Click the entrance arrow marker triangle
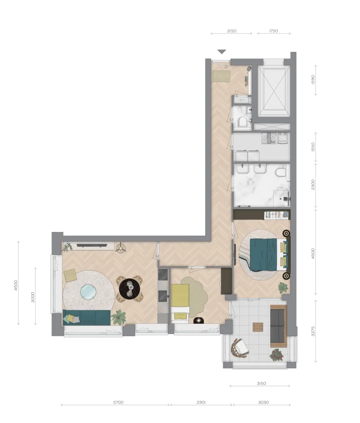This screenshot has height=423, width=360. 222,52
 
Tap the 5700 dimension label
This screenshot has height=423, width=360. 118,402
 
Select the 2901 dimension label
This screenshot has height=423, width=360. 201,402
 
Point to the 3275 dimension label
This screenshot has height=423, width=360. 313,331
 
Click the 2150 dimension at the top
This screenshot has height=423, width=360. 232,31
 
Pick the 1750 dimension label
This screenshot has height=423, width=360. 273,31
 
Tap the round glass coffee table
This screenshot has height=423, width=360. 88,292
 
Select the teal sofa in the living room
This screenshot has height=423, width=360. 87,317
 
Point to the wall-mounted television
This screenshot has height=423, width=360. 92,246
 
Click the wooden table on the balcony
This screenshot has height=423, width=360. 258,327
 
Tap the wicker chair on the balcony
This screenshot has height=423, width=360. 239,348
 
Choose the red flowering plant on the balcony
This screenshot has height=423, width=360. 277,355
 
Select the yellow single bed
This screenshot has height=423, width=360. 180,303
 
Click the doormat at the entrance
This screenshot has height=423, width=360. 221,76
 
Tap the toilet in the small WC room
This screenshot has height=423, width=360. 243,122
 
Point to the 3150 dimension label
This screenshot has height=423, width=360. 261,383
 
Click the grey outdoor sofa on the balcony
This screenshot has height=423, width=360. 278,326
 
